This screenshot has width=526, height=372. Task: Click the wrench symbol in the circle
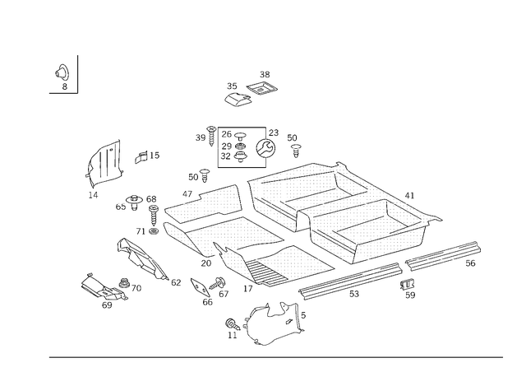(265, 148)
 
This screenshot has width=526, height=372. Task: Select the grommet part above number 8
(62, 72)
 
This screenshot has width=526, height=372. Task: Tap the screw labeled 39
(211, 136)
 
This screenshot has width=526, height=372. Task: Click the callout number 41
(409, 196)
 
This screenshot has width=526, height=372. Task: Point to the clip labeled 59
(408, 284)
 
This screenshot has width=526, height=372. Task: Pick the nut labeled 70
(124, 283)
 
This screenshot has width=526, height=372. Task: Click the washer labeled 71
(154, 231)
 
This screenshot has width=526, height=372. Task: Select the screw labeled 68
(154, 216)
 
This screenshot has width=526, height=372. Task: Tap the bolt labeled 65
(134, 201)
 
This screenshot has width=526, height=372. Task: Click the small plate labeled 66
(201, 287)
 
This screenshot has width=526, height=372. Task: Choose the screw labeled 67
(217, 283)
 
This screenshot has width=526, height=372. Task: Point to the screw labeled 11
(233, 324)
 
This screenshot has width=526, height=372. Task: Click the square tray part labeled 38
(262, 89)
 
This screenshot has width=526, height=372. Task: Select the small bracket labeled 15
(141, 157)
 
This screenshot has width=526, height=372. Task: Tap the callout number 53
(354, 294)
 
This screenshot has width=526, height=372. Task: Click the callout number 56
(470, 263)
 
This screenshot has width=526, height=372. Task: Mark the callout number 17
(248, 289)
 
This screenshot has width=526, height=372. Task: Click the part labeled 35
(238, 100)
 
